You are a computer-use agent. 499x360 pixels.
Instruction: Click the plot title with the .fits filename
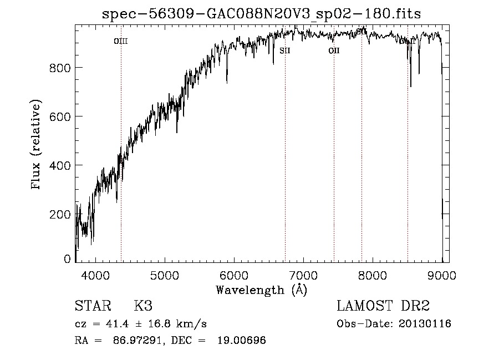point(262,14)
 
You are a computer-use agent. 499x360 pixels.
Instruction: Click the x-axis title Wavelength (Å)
point(261,290)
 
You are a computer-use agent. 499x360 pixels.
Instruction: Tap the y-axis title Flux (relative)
point(37,145)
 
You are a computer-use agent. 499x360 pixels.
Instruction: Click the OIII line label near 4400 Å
point(121,41)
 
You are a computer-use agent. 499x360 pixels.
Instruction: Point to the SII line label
point(285,50)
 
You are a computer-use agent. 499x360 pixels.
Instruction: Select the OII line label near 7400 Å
point(334,50)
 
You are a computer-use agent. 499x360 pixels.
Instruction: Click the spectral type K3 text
point(143,306)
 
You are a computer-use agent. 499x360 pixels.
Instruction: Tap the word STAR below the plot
point(93,306)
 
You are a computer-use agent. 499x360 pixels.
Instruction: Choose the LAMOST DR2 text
point(383,306)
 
